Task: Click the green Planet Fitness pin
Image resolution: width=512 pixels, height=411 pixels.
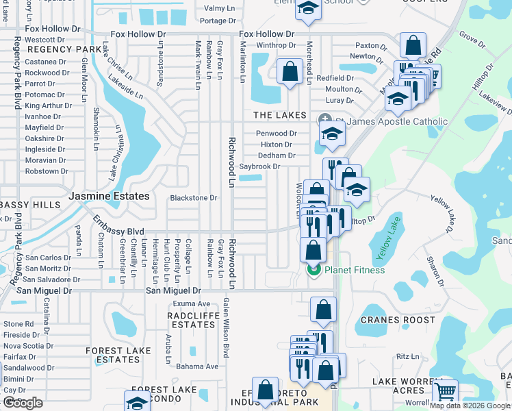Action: coord(313,270)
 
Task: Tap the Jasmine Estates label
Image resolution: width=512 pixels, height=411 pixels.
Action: coord(109,196)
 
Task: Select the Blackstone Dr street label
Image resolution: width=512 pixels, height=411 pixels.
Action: coord(194,198)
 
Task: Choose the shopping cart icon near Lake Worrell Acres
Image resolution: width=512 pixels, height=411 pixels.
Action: coord(445,391)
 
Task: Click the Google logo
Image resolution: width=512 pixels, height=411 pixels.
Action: coord(23,403)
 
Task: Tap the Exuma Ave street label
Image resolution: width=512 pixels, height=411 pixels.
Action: coord(191,303)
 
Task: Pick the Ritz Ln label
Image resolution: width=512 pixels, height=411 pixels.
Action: coord(407,356)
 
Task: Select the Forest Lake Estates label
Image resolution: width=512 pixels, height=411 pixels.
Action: coord(118,355)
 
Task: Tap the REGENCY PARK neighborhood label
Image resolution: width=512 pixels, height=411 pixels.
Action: coord(55,49)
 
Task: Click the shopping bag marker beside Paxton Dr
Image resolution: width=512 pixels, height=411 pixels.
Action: coord(413,47)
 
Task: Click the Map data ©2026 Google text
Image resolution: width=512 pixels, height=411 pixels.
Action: coord(470,406)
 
